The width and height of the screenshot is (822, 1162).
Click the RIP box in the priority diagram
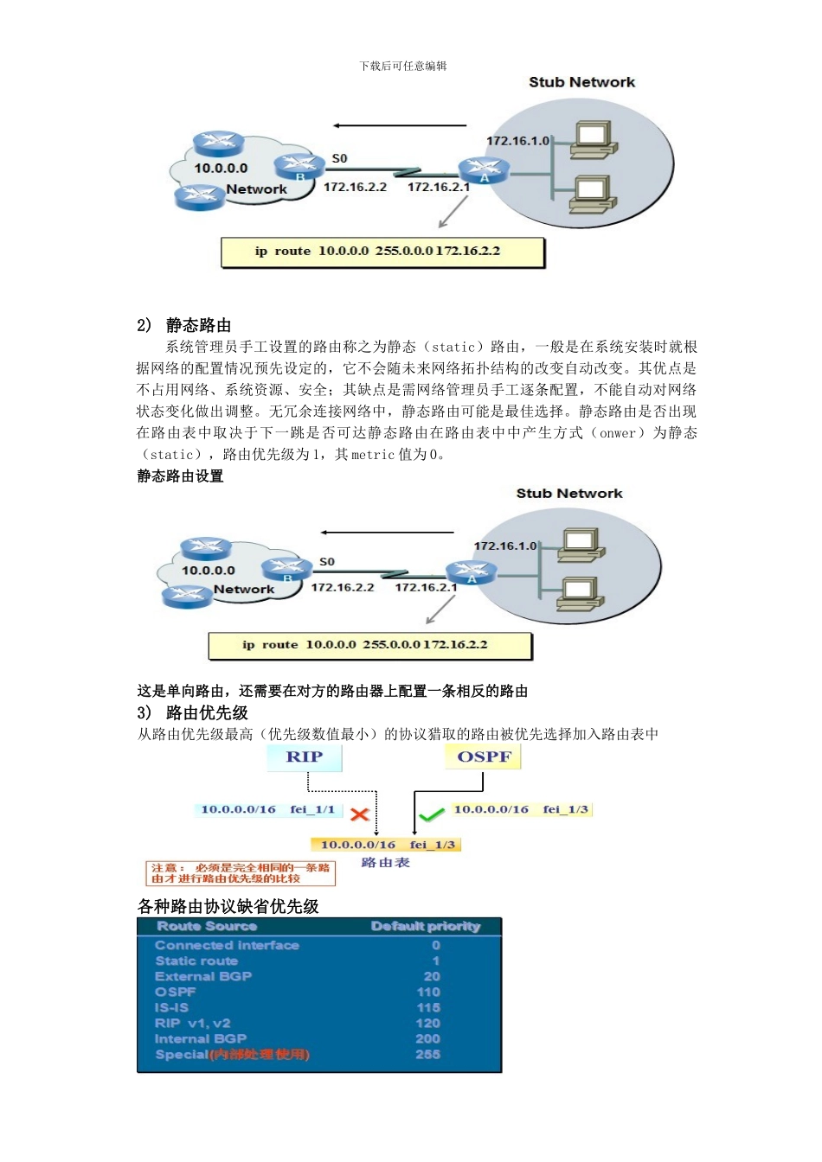click(x=305, y=757)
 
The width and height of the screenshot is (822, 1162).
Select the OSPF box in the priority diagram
click(x=484, y=757)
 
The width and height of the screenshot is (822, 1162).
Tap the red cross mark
click(x=360, y=814)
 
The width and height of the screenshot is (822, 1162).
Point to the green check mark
click(x=430, y=814)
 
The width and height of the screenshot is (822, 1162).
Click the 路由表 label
click(x=385, y=863)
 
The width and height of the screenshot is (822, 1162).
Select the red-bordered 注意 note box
click(x=240, y=873)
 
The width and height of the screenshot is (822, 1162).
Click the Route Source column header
click(x=207, y=926)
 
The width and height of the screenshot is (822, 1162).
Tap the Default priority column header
click(x=426, y=926)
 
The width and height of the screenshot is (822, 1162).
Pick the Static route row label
click(x=196, y=961)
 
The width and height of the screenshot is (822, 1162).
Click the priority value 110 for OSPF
click(x=428, y=992)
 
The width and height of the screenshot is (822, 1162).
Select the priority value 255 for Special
click(x=428, y=1054)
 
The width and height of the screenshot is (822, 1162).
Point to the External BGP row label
click(x=203, y=976)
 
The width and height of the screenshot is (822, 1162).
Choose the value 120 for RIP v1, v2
click(x=428, y=1023)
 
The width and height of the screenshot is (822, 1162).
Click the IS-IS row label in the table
click(x=171, y=1007)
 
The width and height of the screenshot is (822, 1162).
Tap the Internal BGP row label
click(x=201, y=1038)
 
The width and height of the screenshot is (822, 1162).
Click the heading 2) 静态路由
click(x=184, y=325)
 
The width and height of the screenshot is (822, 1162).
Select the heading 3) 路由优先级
click(x=193, y=712)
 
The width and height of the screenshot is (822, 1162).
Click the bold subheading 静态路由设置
click(x=180, y=476)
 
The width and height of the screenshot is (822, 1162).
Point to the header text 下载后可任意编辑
click(x=403, y=66)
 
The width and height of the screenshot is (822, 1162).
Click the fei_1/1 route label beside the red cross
click(x=312, y=810)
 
